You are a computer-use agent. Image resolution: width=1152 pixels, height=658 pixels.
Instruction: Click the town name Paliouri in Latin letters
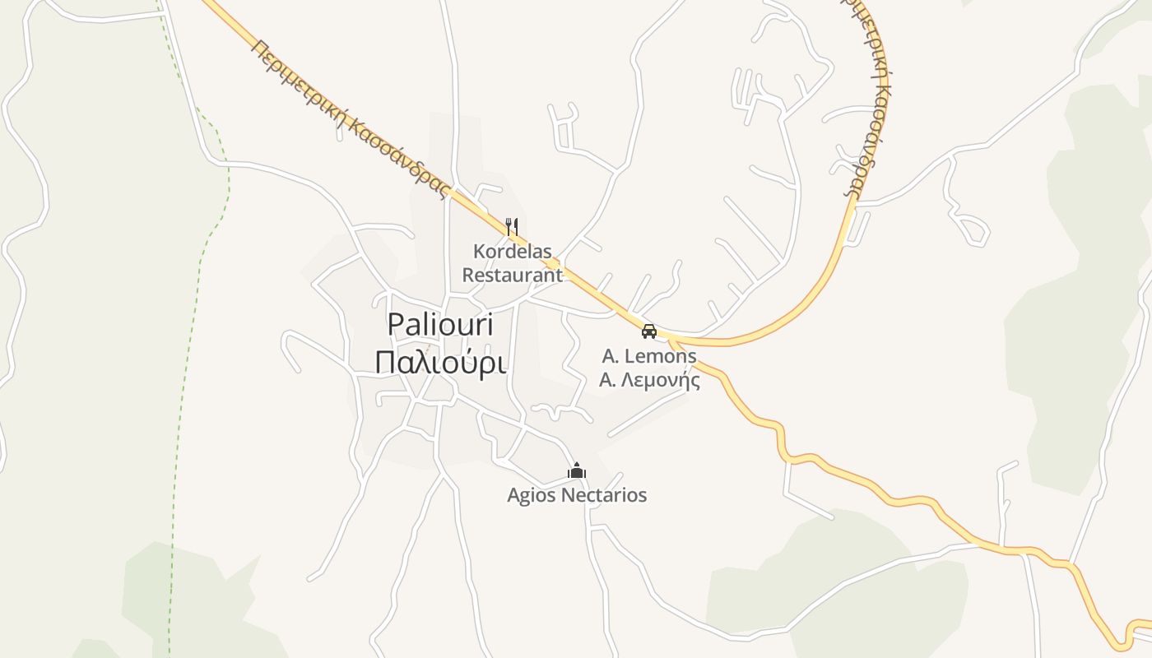(x=440, y=326)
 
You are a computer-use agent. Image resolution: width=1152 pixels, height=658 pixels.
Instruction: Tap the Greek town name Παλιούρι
(x=440, y=362)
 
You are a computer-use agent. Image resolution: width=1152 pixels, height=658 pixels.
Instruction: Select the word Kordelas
(x=512, y=251)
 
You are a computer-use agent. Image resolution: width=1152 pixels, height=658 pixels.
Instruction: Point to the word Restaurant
(x=512, y=275)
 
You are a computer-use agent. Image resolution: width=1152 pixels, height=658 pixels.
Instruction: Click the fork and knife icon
(x=512, y=226)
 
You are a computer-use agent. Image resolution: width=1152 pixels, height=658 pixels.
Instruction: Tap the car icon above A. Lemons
(x=649, y=331)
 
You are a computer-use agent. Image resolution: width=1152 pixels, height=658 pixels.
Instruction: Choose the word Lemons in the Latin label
(x=661, y=357)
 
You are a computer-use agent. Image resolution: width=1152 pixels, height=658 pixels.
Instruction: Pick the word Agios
(x=532, y=496)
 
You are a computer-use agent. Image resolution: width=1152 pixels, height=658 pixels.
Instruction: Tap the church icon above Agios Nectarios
(x=577, y=471)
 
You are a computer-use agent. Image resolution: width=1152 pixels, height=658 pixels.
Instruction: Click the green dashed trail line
(x=197, y=271)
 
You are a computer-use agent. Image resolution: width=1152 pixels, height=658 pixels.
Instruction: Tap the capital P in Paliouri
(x=396, y=326)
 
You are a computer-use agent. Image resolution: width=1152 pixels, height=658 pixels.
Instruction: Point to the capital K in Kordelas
(x=478, y=251)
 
